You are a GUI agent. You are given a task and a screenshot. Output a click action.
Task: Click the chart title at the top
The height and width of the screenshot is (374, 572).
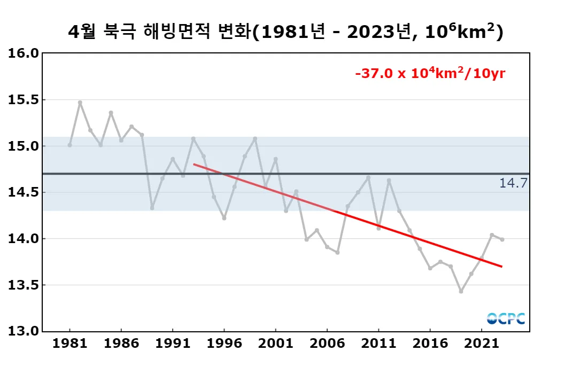point(285,32)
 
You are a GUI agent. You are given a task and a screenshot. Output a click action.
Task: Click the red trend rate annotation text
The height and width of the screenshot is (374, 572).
point(430,74)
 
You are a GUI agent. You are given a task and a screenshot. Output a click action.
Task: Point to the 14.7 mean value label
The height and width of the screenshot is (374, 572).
point(513,183)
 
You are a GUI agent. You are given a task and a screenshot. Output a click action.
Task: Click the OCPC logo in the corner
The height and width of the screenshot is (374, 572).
point(506,318)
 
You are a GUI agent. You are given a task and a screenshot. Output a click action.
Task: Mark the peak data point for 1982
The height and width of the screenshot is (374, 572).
point(80,103)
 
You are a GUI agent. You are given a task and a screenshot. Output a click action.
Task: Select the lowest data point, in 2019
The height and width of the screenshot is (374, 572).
point(461,291)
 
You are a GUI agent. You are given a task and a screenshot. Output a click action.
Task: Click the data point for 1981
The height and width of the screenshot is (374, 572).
point(69,145)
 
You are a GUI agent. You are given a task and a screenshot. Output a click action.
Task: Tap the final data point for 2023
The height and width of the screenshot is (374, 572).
point(502,239)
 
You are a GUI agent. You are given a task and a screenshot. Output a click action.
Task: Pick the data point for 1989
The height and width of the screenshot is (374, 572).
point(152,208)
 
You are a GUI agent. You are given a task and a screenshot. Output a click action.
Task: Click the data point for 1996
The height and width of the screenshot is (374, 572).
point(224,218)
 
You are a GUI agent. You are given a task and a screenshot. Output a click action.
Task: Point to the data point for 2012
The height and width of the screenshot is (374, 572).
point(389,181)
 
